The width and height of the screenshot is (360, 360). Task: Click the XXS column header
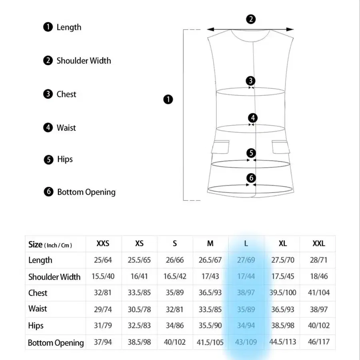coord(103,243)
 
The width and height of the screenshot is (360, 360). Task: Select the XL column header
coord(282,243)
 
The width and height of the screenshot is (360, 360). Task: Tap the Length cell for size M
coord(210,260)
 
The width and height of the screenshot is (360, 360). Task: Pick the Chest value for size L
coord(246,292)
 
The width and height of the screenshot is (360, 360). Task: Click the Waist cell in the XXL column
coord(319,309)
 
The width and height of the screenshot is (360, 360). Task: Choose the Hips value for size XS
coord(139,326)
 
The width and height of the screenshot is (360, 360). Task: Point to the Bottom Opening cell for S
coord(174,342)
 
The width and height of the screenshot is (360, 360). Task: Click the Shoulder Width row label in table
coord(54,277)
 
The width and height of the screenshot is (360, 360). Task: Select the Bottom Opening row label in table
coord(56,343)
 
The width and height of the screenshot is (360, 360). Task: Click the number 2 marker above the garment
coord(251,19)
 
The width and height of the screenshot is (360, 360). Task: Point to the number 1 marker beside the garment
coord(168,99)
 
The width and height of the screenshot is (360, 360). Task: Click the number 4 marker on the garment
coord(252,118)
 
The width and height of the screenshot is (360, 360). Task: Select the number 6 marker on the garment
coord(251,178)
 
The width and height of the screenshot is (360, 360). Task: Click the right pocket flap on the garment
coord(281,147)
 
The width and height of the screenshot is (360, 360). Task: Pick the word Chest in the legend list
coord(66,94)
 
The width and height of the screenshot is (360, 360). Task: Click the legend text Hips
coord(65,159)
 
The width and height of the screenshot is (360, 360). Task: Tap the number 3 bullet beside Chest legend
coord(48,94)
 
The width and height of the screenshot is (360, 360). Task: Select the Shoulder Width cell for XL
coord(282,276)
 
